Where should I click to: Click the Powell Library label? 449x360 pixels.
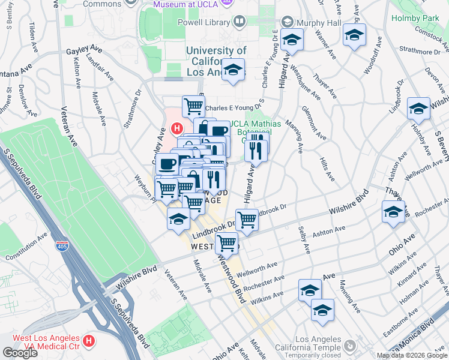[x=203, y=23]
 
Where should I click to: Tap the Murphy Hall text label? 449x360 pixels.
[x=319, y=23]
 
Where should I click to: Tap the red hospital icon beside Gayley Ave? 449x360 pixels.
[x=176, y=128]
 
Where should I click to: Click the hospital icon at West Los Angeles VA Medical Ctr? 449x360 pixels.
[x=89, y=341]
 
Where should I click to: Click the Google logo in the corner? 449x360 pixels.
[x=20, y=353]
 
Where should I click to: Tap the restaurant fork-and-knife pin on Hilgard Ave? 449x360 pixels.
[x=256, y=146]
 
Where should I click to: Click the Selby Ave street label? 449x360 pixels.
[x=306, y=239]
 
